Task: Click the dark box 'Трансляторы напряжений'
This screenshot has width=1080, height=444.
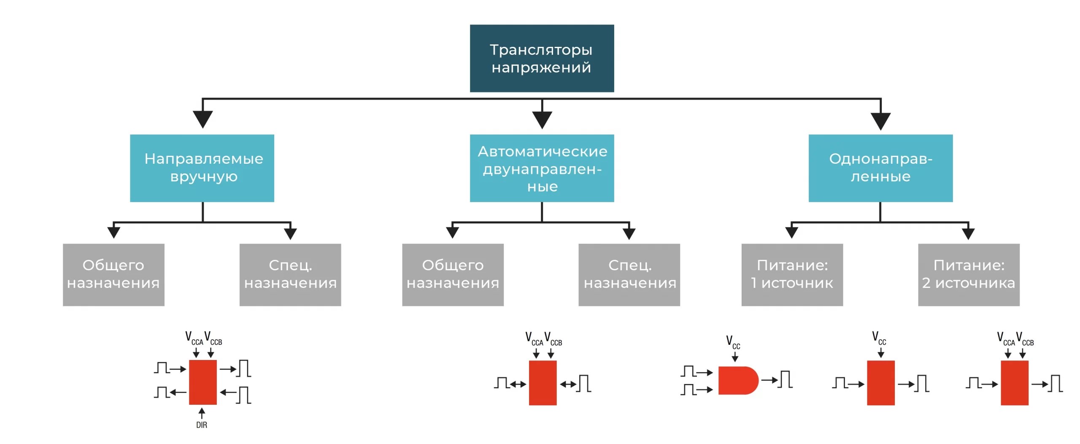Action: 542,58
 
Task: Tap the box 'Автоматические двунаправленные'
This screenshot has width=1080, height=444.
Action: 542,168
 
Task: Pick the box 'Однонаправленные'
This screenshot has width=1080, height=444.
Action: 880,168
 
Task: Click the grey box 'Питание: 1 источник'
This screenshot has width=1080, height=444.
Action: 792,274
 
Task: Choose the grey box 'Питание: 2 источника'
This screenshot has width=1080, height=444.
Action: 969,274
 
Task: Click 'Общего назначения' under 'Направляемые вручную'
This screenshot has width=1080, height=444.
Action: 113,274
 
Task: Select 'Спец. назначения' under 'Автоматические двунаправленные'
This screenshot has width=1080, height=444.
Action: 629,274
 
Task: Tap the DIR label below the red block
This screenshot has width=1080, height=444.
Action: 202,425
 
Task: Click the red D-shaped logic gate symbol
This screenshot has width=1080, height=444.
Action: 737,380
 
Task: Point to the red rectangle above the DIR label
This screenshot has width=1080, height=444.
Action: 202,382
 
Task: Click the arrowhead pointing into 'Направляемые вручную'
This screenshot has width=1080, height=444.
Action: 202,119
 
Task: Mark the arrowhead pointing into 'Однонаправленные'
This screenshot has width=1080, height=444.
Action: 880,121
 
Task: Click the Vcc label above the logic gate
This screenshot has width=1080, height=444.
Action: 733,342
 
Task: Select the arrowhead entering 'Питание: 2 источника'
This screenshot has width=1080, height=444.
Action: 968,233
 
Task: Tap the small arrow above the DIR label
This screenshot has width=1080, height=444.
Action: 202,413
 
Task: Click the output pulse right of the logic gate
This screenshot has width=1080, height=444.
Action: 785,379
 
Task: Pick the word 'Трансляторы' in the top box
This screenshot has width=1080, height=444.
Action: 541,50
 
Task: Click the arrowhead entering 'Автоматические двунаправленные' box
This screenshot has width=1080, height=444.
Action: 542,119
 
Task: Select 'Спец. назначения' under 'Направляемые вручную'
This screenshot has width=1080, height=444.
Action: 290,274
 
